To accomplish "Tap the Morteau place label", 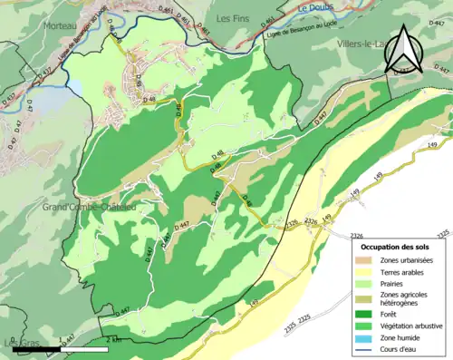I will pos(58,26).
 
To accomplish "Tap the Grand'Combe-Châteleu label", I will pos(88,208).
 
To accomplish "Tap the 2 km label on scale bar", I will pos(114,341).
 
